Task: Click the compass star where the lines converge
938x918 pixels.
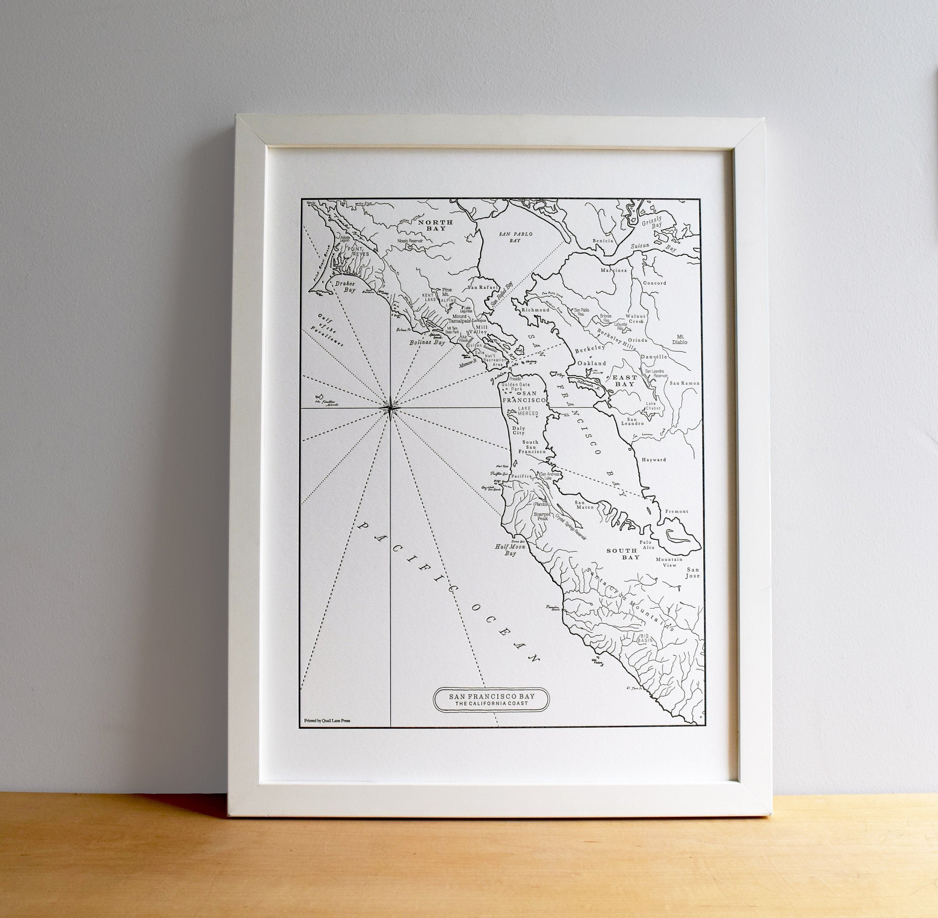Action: [x=390, y=408]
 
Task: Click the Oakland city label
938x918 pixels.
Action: [x=592, y=363]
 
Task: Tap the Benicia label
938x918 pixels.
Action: [x=603, y=240]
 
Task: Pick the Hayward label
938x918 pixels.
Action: [x=653, y=460]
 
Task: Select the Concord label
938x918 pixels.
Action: [x=654, y=283]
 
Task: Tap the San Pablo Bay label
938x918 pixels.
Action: [x=515, y=237]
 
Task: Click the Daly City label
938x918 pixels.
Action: [x=518, y=430]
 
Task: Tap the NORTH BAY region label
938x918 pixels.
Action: [x=435, y=225]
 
